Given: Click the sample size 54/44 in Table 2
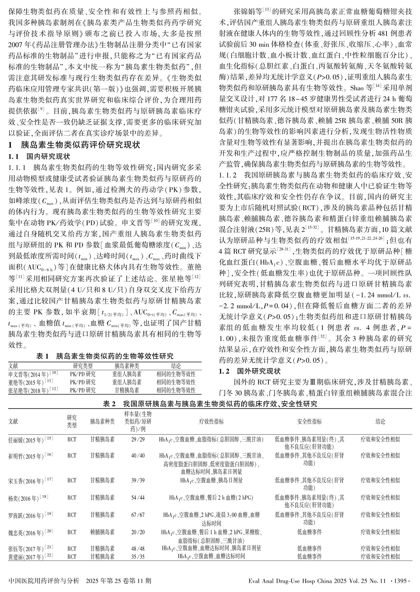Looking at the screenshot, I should point(138,498).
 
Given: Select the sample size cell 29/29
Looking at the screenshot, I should point(138,440).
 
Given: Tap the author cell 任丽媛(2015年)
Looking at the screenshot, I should point(31,440).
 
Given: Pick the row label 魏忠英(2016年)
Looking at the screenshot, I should point(31,532).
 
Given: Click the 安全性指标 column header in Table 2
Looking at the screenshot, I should point(309,422).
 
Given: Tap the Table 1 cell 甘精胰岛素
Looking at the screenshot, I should point(127,390).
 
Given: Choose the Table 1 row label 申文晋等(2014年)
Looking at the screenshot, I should point(33,374).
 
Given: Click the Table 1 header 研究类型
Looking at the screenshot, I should point(83,366).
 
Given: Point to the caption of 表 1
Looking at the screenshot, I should point(104,356).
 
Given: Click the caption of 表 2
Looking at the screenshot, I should point(210,404).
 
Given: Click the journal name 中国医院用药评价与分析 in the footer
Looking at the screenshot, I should point(44,580).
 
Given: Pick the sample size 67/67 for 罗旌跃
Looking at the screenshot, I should point(138,515).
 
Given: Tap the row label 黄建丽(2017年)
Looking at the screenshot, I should point(31,557).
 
